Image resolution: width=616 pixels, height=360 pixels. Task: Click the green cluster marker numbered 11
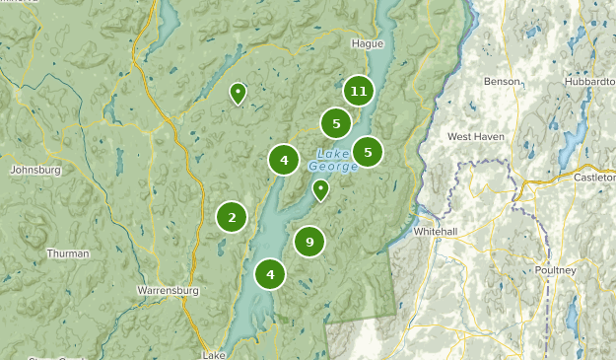coord(359,92)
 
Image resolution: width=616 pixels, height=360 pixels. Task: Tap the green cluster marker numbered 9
coord(309,242)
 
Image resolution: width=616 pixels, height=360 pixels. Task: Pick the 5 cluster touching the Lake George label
coord(368,152)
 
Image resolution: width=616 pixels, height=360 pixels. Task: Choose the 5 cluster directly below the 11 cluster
coord(336,123)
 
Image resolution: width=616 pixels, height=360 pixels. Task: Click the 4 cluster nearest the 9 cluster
coord(270,274)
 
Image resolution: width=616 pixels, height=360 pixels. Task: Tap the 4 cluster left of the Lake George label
coord(284,159)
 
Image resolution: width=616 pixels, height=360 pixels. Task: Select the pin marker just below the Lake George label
coord(320,188)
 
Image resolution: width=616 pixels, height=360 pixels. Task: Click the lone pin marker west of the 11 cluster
coord(238,93)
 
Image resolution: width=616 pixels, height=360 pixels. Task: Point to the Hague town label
coord(367,44)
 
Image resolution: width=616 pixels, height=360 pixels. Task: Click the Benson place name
coord(502,82)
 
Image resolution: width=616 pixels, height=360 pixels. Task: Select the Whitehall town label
coord(435,231)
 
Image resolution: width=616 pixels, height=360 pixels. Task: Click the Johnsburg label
coord(35,170)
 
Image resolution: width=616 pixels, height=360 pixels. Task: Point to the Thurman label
coord(68,253)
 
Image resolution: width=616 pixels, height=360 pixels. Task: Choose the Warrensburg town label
coord(169,292)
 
